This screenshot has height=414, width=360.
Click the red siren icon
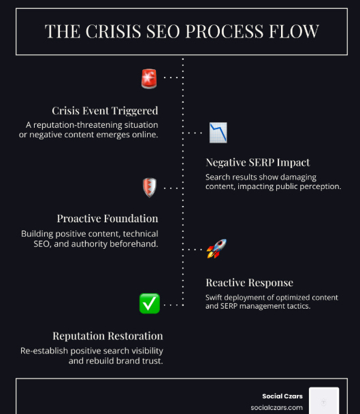(149, 78)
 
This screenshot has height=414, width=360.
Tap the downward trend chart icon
(218, 133)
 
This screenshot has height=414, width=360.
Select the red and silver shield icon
(150, 188)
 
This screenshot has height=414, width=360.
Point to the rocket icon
(216, 248)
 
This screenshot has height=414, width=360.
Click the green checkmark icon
(150, 303)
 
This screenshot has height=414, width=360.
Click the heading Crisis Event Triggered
(105, 111)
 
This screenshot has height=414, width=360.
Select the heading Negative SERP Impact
(258, 162)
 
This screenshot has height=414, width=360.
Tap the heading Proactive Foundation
(108, 219)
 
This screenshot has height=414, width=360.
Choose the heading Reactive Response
(250, 283)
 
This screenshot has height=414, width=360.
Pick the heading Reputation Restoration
(108, 336)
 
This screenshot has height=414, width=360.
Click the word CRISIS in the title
(114, 31)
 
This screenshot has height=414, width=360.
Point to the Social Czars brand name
(282, 396)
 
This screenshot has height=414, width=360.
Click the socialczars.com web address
(277, 408)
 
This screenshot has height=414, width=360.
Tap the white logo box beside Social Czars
(324, 400)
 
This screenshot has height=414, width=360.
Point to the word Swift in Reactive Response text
(214, 298)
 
